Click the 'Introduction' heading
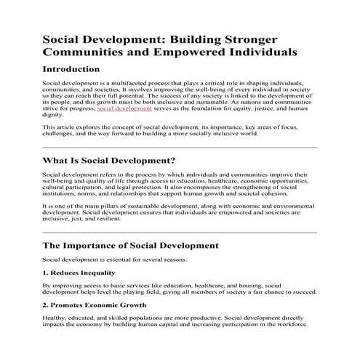[79, 71]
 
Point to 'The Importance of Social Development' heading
[130, 245]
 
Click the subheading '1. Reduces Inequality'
[79, 273]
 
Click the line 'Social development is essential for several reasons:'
[114, 260]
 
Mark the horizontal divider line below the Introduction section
[180, 147]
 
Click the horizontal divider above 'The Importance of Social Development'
[180, 233]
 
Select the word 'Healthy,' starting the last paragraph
[55, 317]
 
